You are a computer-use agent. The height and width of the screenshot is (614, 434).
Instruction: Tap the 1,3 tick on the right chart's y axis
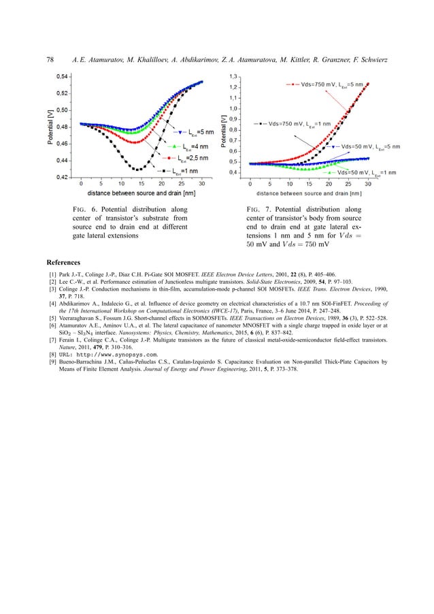(234, 76)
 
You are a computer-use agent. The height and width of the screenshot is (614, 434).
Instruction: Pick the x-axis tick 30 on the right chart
(368, 184)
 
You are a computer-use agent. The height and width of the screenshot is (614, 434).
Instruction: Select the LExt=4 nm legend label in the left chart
(191, 146)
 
